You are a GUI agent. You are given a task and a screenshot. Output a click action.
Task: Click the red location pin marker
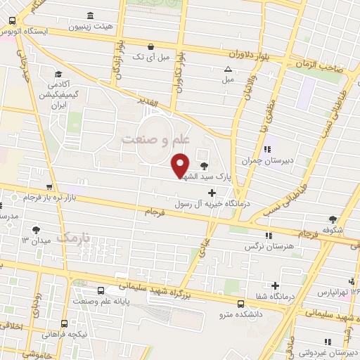click(180, 165)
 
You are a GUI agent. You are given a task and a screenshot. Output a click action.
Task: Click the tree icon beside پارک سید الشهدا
click(204, 165)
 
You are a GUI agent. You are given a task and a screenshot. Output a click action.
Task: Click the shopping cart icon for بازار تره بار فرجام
click(48, 187)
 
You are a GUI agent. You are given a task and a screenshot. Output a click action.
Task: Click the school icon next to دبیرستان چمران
click(267, 148)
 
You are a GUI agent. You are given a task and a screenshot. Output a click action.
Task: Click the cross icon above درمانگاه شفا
click(276, 285)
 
